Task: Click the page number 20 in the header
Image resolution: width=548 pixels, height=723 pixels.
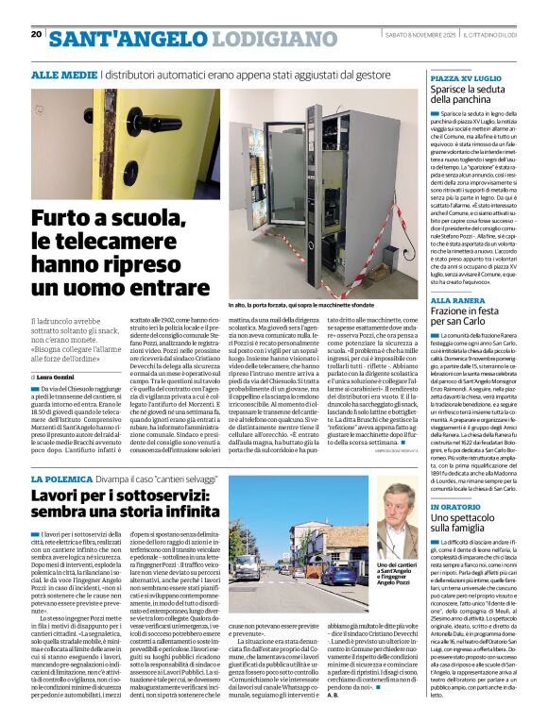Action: point(36,34)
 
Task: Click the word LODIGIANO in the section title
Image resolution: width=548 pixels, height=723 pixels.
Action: point(265,38)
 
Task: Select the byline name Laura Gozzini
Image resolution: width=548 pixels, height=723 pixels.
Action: point(66,351)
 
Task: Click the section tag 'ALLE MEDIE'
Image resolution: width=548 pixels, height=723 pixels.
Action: point(63,73)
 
